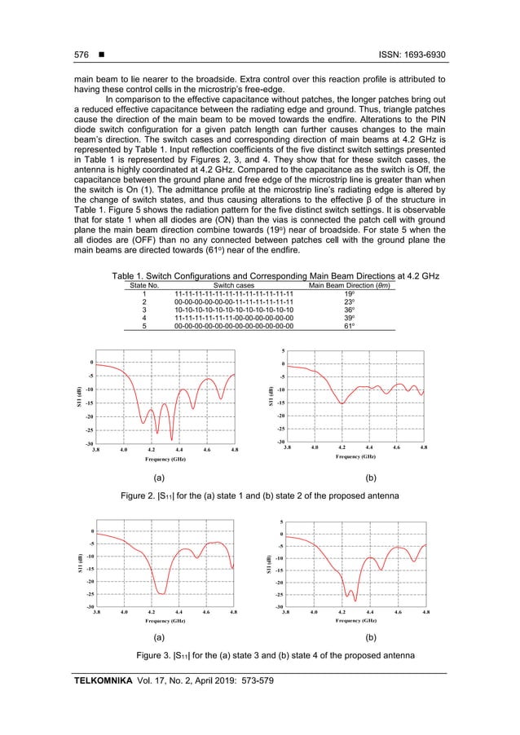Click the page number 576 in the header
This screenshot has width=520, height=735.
click(x=79, y=55)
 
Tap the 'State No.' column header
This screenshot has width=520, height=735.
click(x=143, y=285)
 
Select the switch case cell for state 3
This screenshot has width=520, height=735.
click(x=233, y=310)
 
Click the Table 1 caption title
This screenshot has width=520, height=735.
click(x=259, y=276)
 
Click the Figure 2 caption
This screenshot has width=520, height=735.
click(x=259, y=495)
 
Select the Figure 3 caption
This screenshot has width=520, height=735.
click(x=259, y=656)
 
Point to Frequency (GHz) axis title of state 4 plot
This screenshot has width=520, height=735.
click(x=355, y=620)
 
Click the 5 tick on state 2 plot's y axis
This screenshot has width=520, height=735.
click(x=282, y=352)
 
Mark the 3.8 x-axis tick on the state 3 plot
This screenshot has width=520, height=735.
click(x=97, y=610)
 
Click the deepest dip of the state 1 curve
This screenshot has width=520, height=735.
click(x=172, y=440)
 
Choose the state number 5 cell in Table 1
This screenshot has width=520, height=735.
click(x=143, y=325)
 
